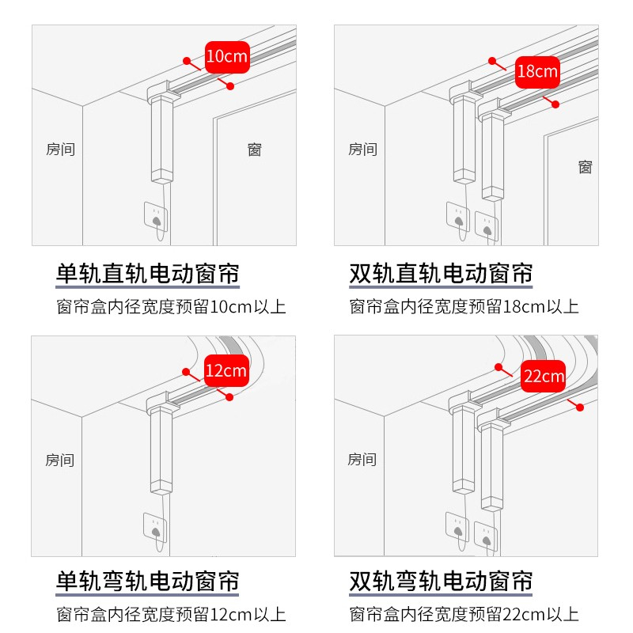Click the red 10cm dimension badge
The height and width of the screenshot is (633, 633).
[x=227, y=57]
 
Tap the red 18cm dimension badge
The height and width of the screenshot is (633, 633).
[x=537, y=72]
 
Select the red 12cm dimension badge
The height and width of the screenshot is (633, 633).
[x=226, y=370]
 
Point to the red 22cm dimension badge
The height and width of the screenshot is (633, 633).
[x=543, y=377]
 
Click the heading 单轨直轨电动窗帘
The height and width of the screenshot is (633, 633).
[x=148, y=274]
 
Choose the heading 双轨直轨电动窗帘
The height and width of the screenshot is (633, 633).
[x=441, y=274]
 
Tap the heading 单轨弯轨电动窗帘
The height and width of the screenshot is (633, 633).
[x=147, y=582]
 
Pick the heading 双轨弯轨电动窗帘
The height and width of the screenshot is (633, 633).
[x=441, y=582]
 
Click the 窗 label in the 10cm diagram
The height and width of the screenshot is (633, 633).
[x=254, y=150]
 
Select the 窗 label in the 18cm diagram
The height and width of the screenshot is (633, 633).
[x=585, y=167]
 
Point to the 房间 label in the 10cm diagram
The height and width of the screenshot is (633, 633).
[x=61, y=150]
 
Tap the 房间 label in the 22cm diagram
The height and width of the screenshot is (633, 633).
[x=362, y=460]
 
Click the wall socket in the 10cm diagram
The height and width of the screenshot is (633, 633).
[x=156, y=217]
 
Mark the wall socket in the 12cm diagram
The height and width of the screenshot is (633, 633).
[x=155, y=528]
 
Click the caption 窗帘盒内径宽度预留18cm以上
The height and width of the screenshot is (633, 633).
[x=464, y=307]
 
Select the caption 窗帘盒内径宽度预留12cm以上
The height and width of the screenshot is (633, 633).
[x=171, y=615]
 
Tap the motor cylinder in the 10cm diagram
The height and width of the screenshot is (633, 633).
[x=162, y=139]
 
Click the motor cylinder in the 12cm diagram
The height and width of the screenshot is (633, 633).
[x=161, y=450]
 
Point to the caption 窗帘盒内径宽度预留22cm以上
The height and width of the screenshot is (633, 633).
[x=464, y=615]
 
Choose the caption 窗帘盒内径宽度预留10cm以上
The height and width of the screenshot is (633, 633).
[x=171, y=307]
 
